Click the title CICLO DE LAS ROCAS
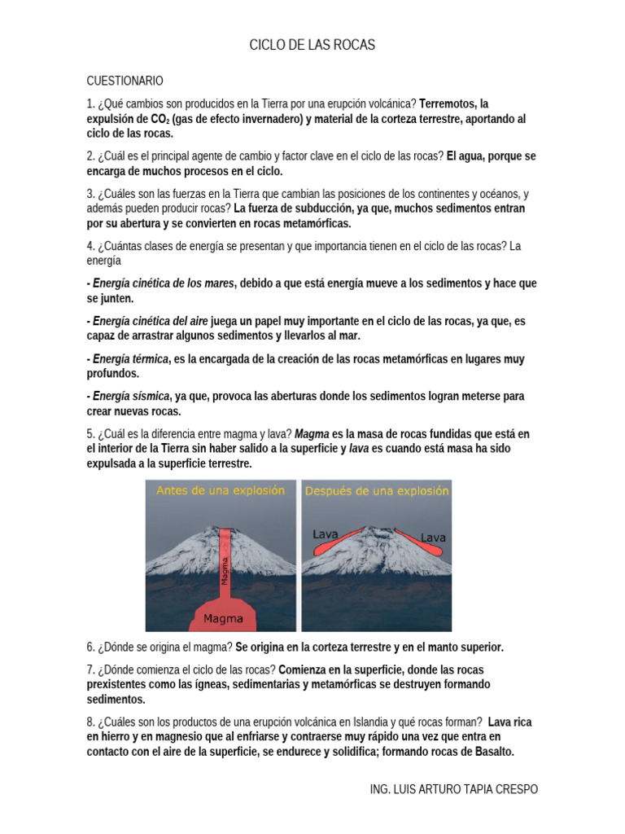coord(312,46)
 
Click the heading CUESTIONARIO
coord(125,81)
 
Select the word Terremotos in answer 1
coord(447,103)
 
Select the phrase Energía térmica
coord(130,359)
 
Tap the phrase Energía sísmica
coord(131,397)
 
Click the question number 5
coord(90,434)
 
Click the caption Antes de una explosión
coord(220,491)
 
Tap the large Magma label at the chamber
coord(223,618)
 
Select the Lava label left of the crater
coord(326,533)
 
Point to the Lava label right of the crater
coord(432,538)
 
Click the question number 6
coord(90,647)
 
